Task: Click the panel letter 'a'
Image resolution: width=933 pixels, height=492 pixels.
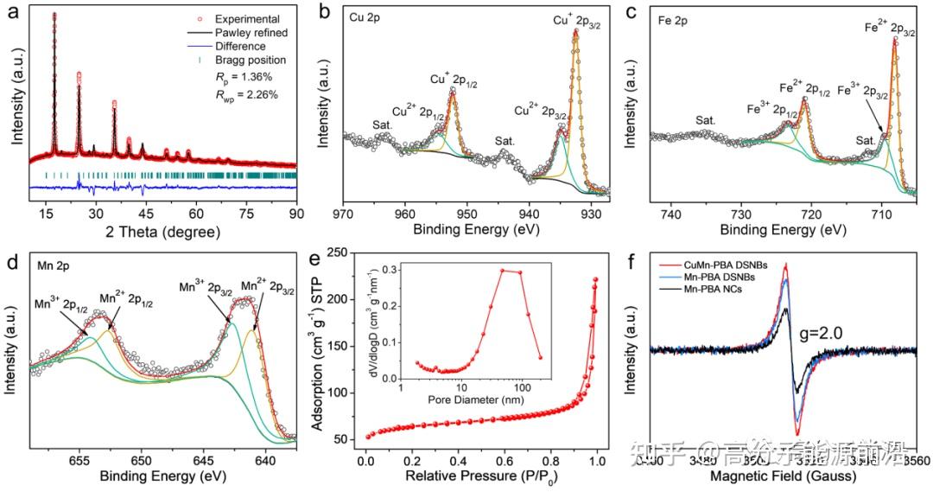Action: click(10, 11)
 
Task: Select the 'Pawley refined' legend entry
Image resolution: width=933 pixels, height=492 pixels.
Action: click(252, 33)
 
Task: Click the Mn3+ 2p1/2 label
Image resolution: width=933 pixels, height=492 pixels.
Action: click(62, 304)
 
